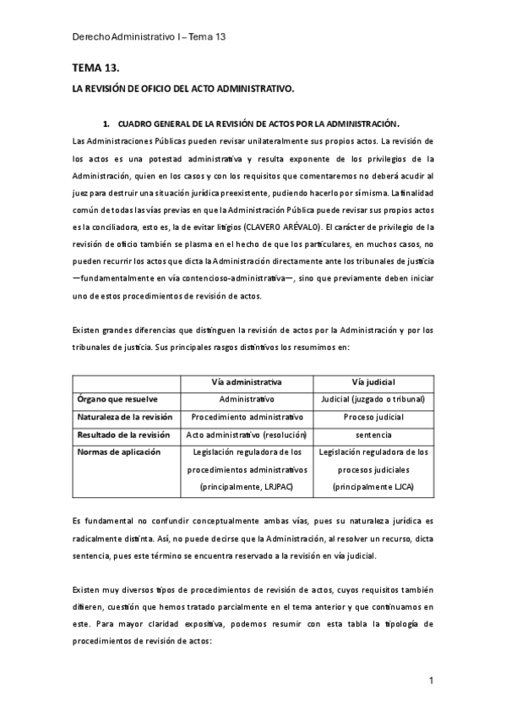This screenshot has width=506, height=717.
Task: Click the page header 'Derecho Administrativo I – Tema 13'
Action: click(x=148, y=37)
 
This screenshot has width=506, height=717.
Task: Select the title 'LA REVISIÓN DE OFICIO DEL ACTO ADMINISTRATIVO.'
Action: click(x=182, y=88)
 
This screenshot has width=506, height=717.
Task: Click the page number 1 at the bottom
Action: click(x=431, y=681)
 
